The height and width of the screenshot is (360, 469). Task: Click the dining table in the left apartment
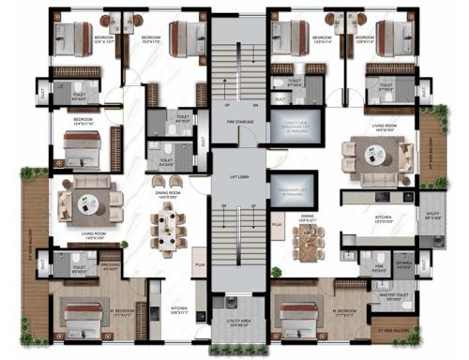tap(167, 231)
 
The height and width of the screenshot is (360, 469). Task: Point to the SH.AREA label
tap(403, 265)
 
